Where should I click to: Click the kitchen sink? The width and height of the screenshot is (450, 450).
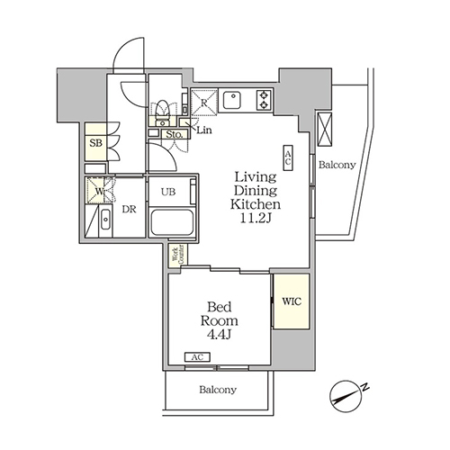point(232,100)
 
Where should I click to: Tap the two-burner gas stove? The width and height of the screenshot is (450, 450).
point(264,100)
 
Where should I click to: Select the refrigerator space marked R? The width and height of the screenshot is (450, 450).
point(204,103)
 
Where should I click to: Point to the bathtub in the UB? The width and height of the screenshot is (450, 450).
point(172,222)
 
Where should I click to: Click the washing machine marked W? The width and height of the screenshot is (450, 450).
point(99,190)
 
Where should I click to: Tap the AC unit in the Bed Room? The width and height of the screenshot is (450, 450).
point(197,357)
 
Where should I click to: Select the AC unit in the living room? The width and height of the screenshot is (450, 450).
point(288,158)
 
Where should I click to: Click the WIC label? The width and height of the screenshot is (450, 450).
point(292,301)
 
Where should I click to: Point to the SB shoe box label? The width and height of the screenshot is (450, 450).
point(96,143)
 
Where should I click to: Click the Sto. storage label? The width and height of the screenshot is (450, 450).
point(175,134)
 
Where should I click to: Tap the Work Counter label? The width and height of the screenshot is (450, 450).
point(177,255)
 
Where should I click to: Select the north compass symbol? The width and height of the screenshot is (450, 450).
point(346,395)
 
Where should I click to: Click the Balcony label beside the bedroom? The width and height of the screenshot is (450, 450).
point(218,390)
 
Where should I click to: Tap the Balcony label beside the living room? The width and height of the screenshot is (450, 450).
point(337,165)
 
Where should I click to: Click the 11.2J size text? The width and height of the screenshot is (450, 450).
point(256,219)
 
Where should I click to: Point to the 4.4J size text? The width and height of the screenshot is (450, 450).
point(220,335)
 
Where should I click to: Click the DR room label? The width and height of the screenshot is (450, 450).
point(129,210)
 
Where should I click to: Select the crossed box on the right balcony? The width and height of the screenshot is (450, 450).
point(325,130)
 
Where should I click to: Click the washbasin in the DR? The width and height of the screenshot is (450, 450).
point(105,220)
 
